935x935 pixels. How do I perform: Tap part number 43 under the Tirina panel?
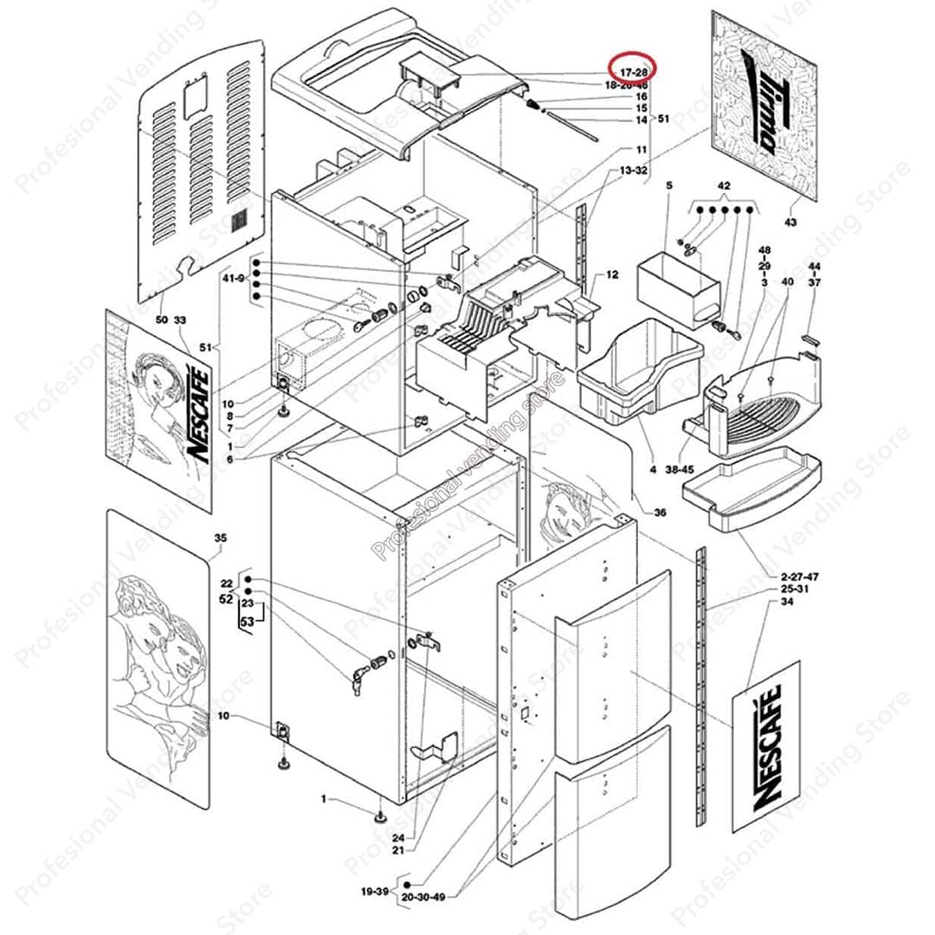coord(790,222)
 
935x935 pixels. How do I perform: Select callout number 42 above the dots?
coord(725,186)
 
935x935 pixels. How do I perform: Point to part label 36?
coord(660,513)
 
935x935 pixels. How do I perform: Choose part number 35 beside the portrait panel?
coord(220,538)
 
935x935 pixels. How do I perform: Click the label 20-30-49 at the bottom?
coord(423,898)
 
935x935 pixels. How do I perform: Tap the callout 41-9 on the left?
coord(235,278)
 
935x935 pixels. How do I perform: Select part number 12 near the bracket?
coord(612,275)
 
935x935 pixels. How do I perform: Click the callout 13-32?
coord(634,171)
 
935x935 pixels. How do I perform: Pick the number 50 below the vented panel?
coord(161,320)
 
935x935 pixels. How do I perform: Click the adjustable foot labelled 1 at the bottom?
coord(379,816)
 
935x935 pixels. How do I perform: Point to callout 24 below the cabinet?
coord(398,838)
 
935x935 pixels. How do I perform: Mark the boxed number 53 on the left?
coord(248,621)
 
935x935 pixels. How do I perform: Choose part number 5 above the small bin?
coord(668,185)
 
